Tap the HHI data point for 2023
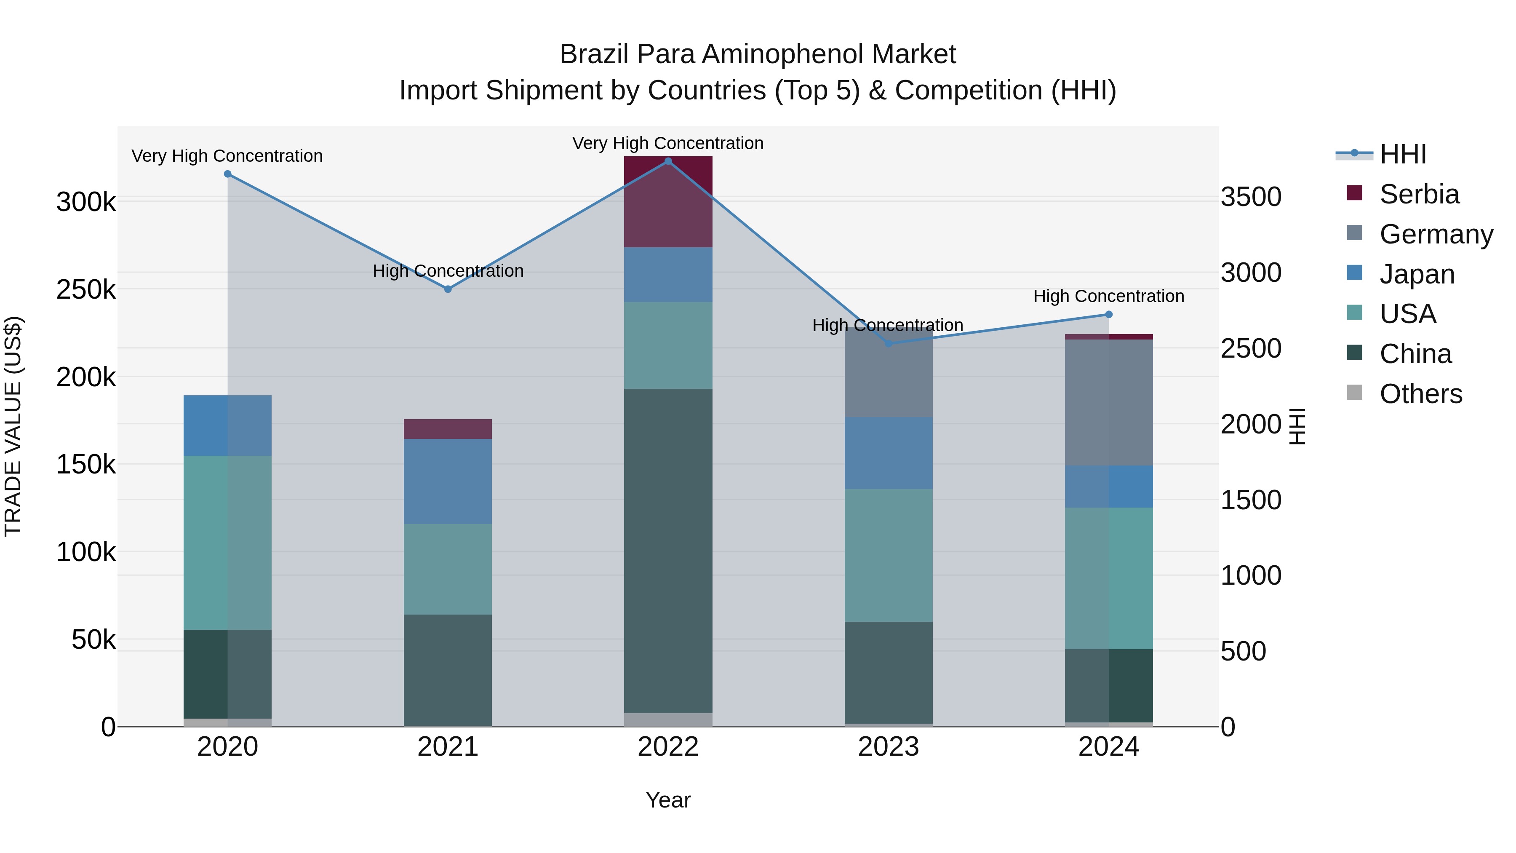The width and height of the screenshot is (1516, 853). point(889,343)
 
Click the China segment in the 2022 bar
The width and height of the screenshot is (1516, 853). point(668,551)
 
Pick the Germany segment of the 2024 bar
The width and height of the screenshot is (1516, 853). point(1109,402)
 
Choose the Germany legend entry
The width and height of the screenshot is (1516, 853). point(1436,234)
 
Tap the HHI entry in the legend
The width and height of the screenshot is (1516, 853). point(1402,154)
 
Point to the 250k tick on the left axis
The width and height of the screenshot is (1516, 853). point(86,289)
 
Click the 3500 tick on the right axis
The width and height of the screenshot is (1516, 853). point(1251,197)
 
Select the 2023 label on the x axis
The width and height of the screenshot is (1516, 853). point(888,746)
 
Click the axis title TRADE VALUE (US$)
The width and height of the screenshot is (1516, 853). point(13,426)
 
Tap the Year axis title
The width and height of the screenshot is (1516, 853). point(668,800)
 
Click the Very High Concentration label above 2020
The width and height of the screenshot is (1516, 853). point(227,156)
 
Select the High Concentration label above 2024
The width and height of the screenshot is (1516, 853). point(1109,296)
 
